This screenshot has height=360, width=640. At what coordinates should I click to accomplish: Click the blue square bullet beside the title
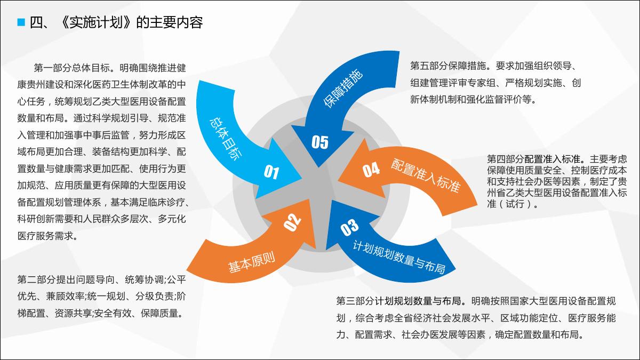[21, 22]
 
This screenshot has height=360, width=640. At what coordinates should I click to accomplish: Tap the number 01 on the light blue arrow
[271, 172]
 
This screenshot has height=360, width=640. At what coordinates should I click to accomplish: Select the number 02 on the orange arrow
[292, 222]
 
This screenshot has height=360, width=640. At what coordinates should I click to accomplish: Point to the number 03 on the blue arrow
[349, 227]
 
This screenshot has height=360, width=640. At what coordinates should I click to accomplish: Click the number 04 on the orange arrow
[371, 170]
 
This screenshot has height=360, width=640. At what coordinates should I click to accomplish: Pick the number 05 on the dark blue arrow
[319, 142]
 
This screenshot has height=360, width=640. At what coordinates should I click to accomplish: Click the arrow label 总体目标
[226, 139]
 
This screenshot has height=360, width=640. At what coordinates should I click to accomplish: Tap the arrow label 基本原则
[251, 261]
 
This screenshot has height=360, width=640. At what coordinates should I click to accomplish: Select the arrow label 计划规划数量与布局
[399, 257]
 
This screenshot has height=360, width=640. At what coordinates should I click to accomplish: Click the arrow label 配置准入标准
[426, 175]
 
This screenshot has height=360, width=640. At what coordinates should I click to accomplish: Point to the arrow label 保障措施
[343, 89]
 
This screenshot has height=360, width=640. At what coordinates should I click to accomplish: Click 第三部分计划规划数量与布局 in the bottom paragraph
[398, 301]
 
